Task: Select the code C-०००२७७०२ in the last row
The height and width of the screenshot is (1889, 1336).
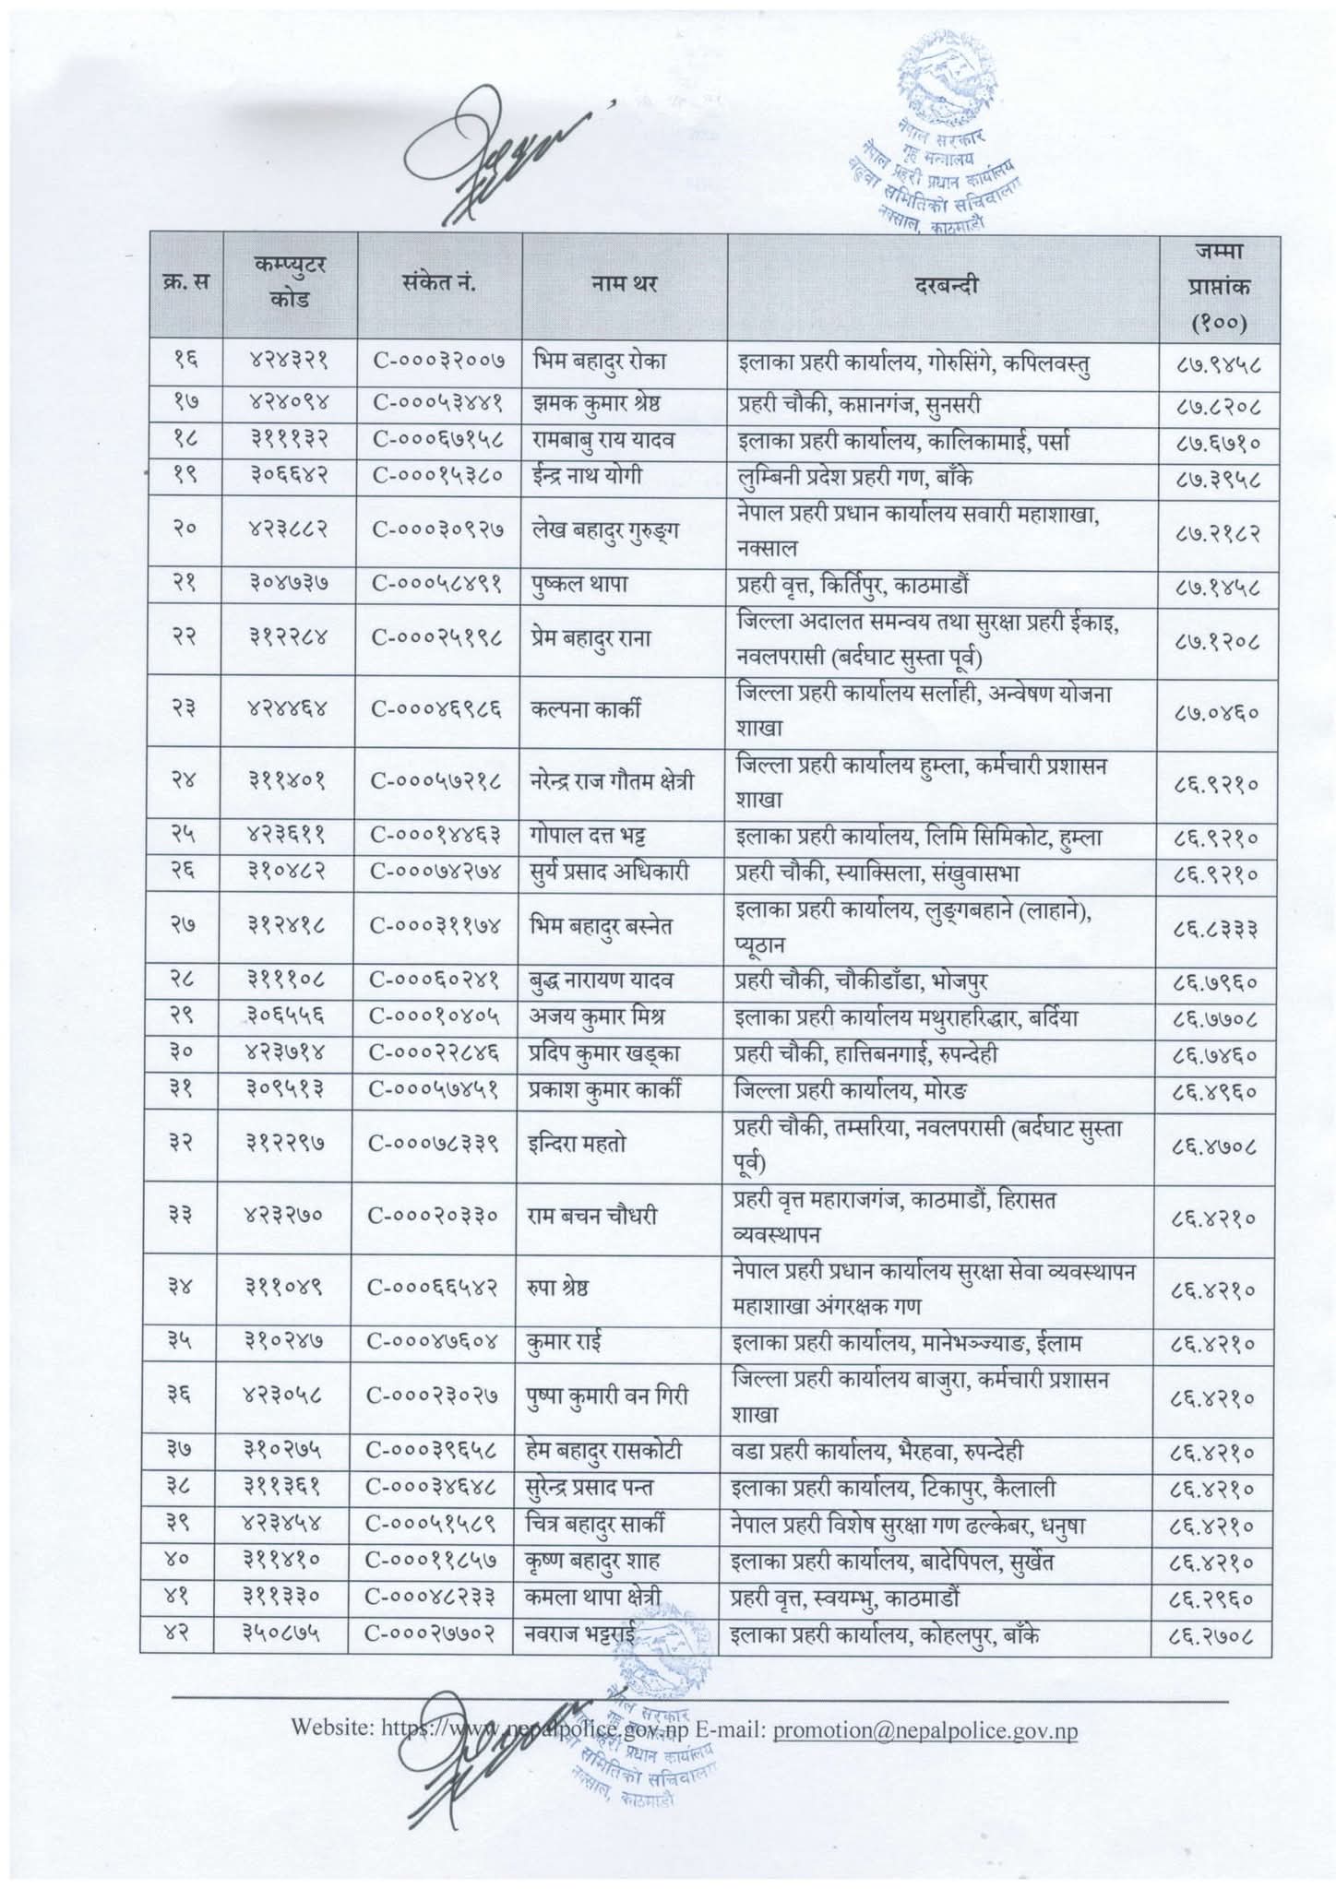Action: pyautogui.click(x=435, y=1634)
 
